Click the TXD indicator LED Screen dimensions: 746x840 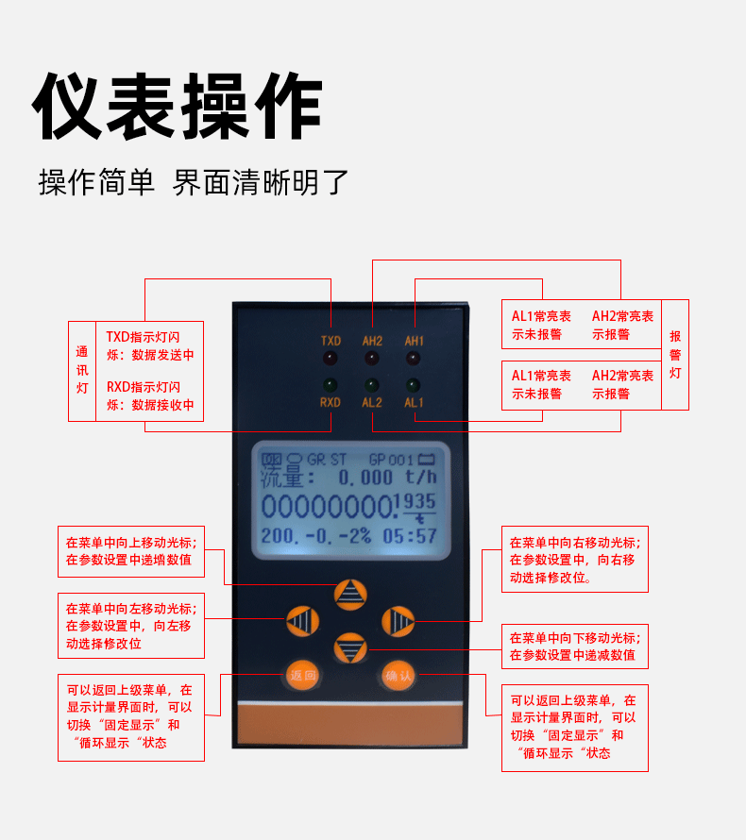(x=331, y=358)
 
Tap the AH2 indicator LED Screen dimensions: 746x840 (x=372, y=358)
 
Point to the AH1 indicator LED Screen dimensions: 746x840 (x=414, y=358)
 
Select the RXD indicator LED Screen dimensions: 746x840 (x=331, y=385)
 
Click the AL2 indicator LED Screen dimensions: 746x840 (x=371, y=385)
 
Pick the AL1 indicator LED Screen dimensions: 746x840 (x=413, y=385)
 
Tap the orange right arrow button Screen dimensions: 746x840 (x=398, y=621)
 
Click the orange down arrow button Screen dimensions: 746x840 (x=350, y=647)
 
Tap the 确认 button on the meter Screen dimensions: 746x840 (x=398, y=676)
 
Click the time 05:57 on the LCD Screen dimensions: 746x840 (x=410, y=536)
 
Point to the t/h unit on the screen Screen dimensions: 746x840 (x=421, y=477)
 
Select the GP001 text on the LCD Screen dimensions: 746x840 (x=391, y=460)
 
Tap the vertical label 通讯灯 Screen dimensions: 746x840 (x=82, y=370)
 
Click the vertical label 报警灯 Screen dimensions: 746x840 (x=675, y=355)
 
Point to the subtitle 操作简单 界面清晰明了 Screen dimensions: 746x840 (x=194, y=182)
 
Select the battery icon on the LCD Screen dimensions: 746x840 (x=427, y=459)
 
